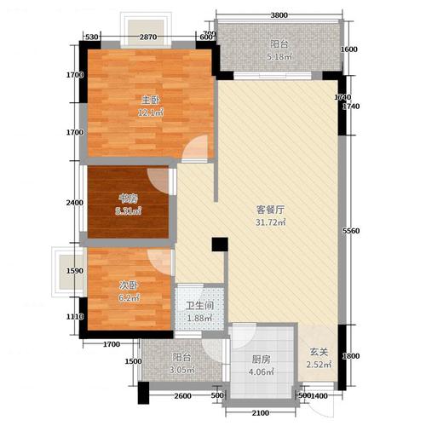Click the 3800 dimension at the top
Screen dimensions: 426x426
tap(281, 14)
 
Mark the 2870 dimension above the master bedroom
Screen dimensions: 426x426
tap(148, 36)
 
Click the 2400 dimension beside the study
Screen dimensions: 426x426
tap(74, 203)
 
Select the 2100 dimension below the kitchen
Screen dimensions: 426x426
tap(262, 412)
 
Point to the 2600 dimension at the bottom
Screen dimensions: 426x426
tap(181, 397)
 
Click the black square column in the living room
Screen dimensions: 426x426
tap(219, 245)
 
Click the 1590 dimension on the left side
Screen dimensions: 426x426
tap(74, 271)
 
